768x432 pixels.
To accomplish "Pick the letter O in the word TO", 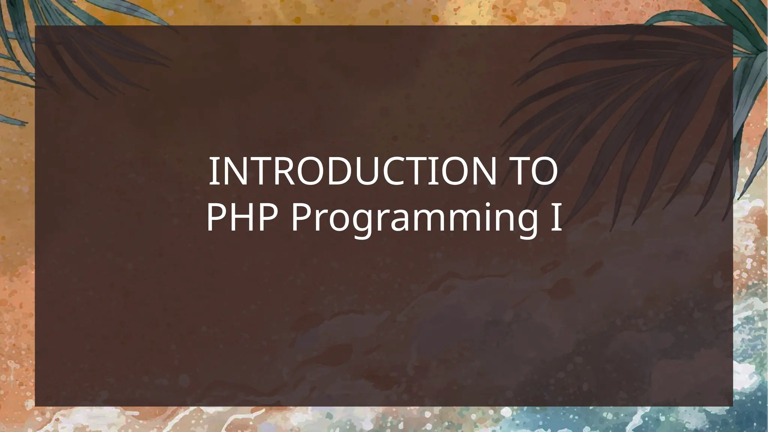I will tap(542, 172).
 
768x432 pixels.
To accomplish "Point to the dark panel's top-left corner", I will tap(35, 26).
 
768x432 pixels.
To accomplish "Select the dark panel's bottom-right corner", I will tap(732, 406).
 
